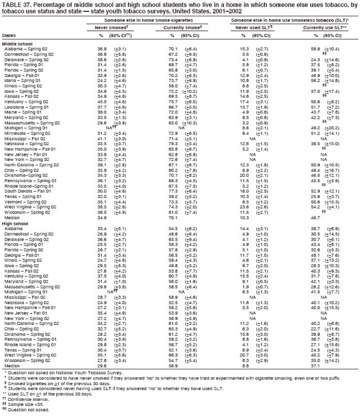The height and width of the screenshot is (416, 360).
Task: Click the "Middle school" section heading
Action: click(17, 43)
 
